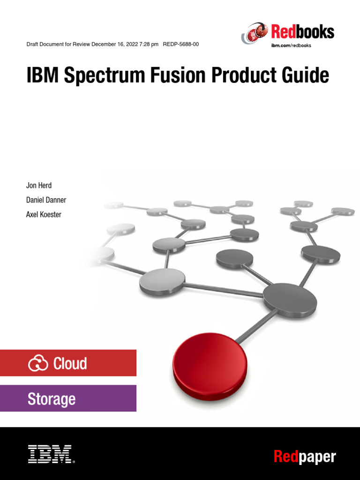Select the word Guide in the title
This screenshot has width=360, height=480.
(x=305, y=76)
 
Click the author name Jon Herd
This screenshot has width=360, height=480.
(x=39, y=186)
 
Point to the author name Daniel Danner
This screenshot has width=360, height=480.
(x=46, y=200)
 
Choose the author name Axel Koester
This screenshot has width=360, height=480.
(x=44, y=215)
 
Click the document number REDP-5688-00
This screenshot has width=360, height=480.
(x=180, y=45)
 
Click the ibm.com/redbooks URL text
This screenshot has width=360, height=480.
(x=291, y=45)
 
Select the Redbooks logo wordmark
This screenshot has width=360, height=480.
(x=302, y=32)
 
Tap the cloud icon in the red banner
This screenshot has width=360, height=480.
(x=38, y=363)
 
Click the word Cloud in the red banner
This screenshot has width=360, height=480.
(x=70, y=363)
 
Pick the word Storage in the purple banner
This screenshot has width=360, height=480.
(x=52, y=399)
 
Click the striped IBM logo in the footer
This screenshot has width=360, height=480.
(x=50, y=454)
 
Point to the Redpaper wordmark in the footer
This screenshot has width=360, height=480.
(x=305, y=456)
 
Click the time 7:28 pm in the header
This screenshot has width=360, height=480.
(x=148, y=45)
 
